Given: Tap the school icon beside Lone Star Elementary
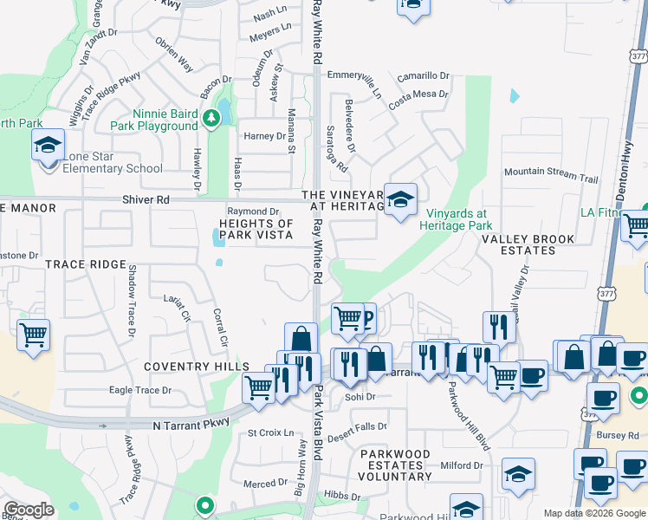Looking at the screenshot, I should [49, 146].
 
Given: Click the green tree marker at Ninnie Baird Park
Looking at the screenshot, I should [211, 118].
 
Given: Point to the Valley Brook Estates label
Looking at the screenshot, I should [530, 244].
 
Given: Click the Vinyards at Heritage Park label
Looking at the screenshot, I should [455, 219].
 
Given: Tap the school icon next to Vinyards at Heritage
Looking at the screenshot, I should [400, 200].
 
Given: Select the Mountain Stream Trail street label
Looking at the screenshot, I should [551, 174].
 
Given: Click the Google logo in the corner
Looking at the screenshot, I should [29, 510].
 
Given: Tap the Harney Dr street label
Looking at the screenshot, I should [264, 136].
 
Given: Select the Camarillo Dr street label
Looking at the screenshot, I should [424, 76].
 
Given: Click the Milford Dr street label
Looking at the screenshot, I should [461, 465].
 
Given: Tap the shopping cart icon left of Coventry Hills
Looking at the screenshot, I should [33, 334].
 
